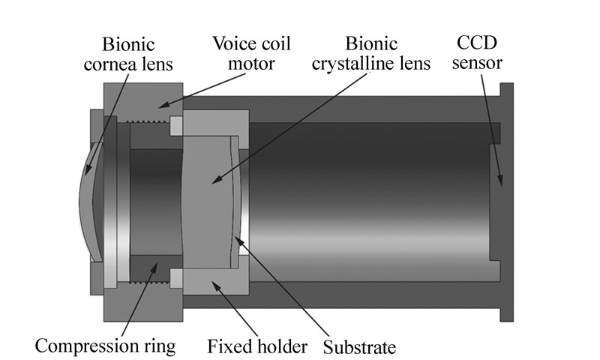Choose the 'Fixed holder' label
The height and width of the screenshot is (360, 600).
point(257,346)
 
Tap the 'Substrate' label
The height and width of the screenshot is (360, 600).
point(358,346)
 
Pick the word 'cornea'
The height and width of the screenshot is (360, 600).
point(109,63)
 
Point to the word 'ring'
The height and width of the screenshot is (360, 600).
point(159,346)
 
